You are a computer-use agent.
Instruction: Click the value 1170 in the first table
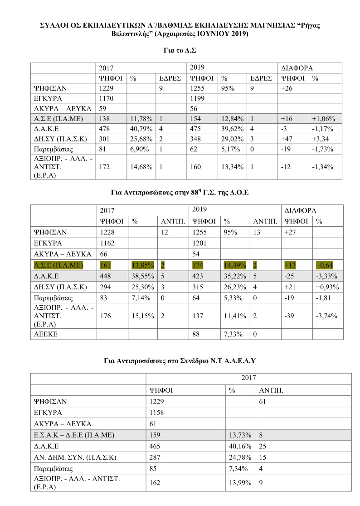coord(107,98)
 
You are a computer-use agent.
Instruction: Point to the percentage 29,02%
coord(231,141)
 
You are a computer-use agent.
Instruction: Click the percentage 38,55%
coord(141,276)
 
